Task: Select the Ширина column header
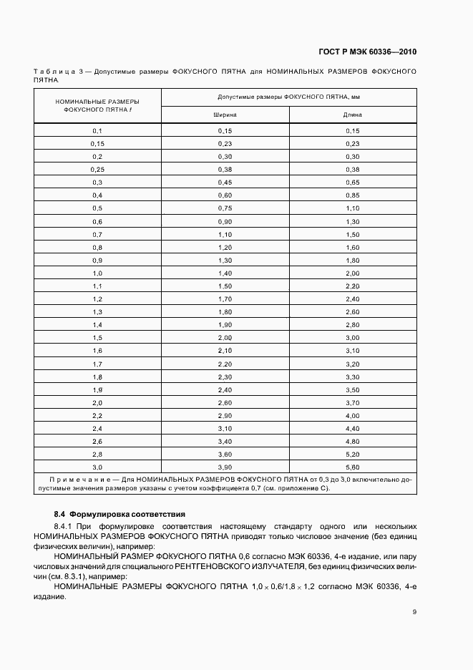pos(225,115)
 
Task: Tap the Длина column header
pos(352,115)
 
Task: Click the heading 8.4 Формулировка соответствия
pos(120,514)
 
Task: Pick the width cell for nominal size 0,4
pos(225,195)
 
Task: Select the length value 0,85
pos(352,195)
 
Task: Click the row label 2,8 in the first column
pos(97,454)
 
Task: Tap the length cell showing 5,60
pos(352,467)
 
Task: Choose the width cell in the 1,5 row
pos(225,337)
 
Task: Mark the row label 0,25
pos(97,170)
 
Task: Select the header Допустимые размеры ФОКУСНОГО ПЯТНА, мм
pos(288,96)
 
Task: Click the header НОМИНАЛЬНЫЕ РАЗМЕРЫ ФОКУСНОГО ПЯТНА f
pos(97,106)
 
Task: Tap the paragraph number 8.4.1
pos(64,526)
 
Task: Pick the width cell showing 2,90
pos(225,415)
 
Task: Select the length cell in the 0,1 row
pos(352,131)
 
